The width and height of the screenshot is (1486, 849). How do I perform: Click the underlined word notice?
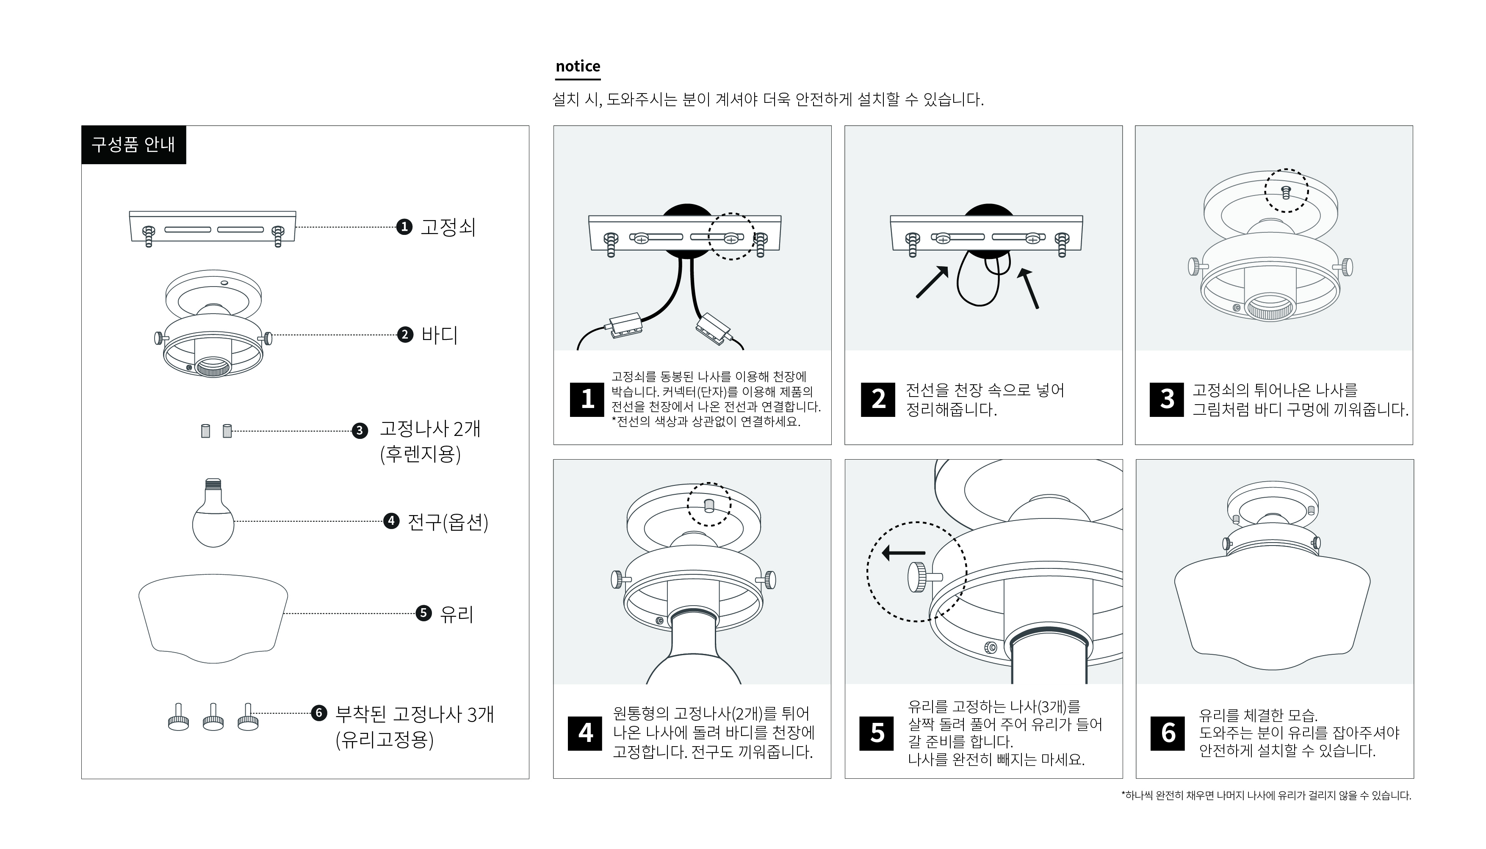(x=578, y=66)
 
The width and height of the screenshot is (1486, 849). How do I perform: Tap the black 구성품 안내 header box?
(x=133, y=145)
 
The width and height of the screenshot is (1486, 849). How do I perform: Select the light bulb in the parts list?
(x=213, y=513)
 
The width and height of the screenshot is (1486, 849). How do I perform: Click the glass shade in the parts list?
(x=213, y=618)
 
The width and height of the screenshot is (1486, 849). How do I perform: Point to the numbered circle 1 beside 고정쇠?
(x=404, y=227)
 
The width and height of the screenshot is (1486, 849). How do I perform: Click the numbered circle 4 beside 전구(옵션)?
(x=391, y=521)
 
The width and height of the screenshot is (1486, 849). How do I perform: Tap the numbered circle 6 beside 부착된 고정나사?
(x=318, y=713)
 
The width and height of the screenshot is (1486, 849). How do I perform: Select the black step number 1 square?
(x=587, y=400)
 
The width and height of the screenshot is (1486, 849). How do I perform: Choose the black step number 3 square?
(x=1167, y=400)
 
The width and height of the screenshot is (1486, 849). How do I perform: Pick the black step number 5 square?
(x=877, y=733)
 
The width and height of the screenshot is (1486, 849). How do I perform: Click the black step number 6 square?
(x=1168, y=733)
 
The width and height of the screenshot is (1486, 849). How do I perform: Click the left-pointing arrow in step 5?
(x=903, y=553)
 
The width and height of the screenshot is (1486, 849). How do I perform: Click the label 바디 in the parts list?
(x=439, y=335)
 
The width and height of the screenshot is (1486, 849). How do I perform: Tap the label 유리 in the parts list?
(x=456, y=613)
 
